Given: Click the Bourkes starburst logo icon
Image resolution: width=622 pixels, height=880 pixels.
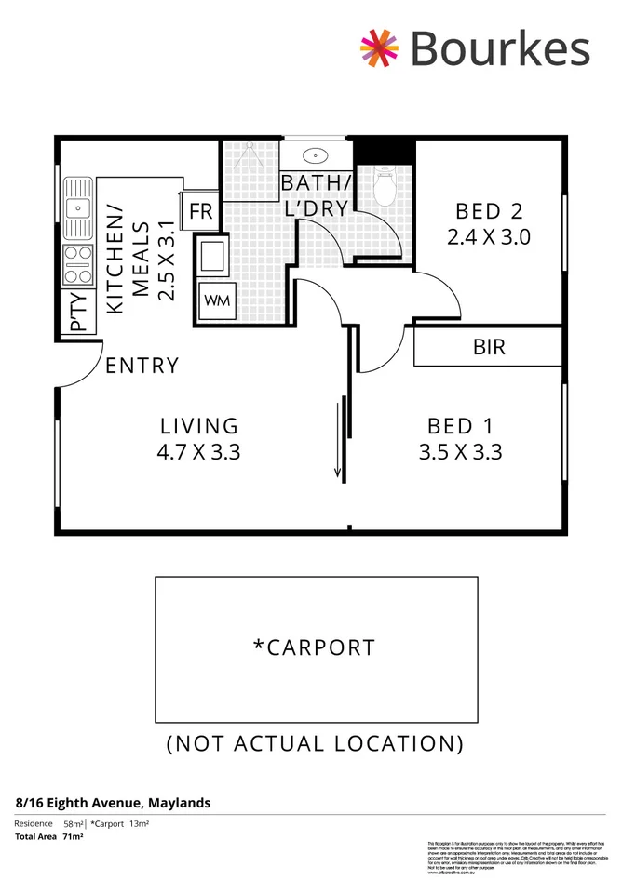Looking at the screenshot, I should [381, 48].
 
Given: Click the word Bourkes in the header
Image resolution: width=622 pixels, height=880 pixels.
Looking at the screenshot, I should [499, 48].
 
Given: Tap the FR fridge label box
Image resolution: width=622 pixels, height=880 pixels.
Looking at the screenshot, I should [201, 211].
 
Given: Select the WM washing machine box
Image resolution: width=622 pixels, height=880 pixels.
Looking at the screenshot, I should [215, 300].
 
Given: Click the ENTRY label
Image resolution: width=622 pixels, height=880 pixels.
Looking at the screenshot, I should [142, 366].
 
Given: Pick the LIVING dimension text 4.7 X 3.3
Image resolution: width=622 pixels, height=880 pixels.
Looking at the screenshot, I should [199, 453].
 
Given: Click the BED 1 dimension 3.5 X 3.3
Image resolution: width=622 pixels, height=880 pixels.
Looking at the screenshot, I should [465, 453].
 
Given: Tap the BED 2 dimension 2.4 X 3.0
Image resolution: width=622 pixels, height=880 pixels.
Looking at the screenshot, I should [488, 236].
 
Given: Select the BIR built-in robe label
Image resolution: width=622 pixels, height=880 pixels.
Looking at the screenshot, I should [489, 348].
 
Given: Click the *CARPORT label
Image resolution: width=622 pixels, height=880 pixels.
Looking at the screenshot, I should [314, 647].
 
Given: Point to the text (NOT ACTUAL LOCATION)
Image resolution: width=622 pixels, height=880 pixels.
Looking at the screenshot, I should [314, 743].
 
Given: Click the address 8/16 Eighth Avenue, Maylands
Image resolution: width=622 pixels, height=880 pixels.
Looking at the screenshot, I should [113, 802].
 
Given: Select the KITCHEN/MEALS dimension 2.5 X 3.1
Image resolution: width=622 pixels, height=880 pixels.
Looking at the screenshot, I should [167, 260].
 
